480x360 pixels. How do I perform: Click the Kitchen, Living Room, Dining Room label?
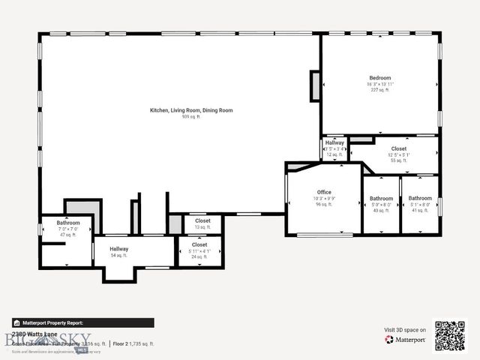click(x=191, y=110)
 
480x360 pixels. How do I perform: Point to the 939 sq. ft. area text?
click(x=191, y=117)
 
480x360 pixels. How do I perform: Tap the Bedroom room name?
click(x=379, y=78)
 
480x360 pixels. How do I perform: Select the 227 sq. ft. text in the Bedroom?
click(x=379, y=90)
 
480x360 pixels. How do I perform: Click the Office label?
click(x=323, y=193)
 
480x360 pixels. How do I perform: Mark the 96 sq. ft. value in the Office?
click(x=323, y=204)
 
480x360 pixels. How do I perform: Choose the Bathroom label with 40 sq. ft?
click(x=381, y=199)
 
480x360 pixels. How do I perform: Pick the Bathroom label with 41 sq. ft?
click(x=420, y=199)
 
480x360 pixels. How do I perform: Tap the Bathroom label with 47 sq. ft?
click(x=68, y=223)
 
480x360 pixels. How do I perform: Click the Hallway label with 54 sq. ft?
click(x=118, y=249)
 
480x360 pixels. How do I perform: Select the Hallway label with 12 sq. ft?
click(x=334, y=142)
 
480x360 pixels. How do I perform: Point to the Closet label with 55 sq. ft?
click(x=398, y=148)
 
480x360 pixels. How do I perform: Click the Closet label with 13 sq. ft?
click(x=202, y=221)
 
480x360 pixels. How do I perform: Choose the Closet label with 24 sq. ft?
click(x=199, y=244)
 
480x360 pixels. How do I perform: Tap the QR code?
click(x=450, y=335)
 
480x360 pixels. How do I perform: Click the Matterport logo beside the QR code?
click(x=406, y=340)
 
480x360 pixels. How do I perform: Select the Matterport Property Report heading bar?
click(x=83, y=322)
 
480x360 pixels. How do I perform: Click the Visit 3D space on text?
click(x=405, y=330)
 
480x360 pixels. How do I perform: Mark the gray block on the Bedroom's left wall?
click(x=316, y=85)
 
